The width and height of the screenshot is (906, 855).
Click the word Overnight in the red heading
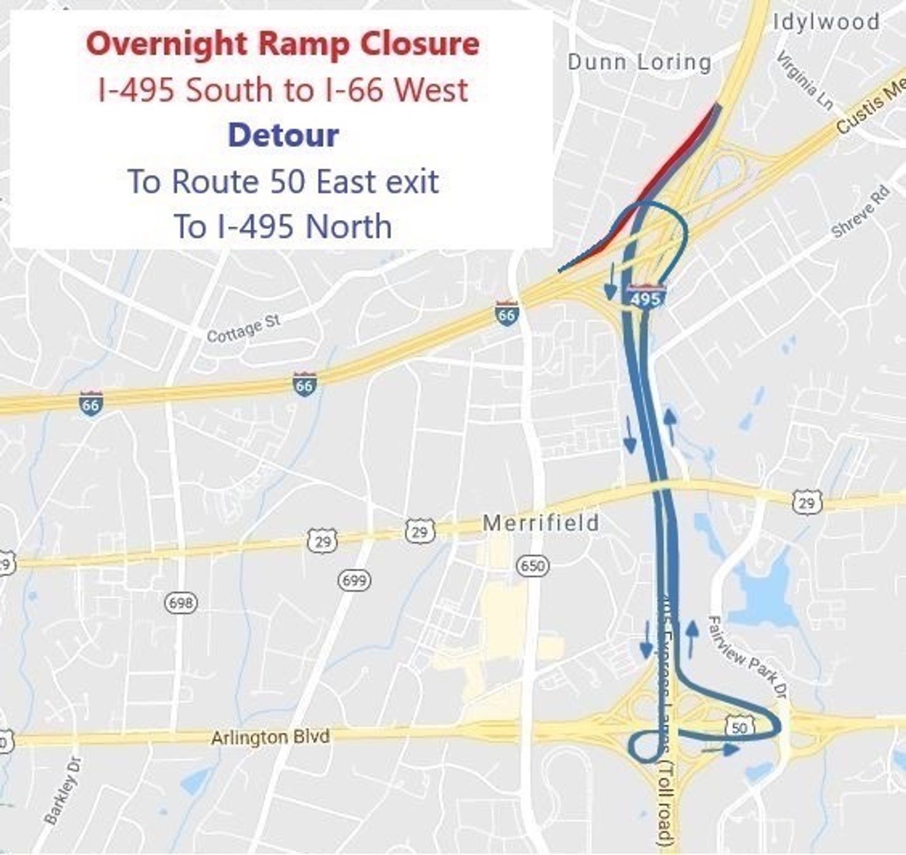pyautogui.click(x=166, y=44)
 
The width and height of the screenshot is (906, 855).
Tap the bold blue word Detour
pyautogui.click(x=283, y=135)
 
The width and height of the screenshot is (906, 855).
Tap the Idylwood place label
pyautogui.click(x=826, y=22)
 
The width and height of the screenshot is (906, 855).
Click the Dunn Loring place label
pyautogui.click(x=639, y=62)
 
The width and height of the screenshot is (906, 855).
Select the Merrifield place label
pyautogui.click(x=541, y=523)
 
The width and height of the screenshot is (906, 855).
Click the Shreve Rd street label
pyautogui.click(x=860, y=212)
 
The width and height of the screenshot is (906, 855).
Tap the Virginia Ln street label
pyautogui.click(x=805, y=81)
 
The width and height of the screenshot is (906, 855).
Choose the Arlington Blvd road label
pyautogui.click(x=270, y=737)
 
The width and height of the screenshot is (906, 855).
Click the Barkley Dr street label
pyautogui.click(x=63, y=790)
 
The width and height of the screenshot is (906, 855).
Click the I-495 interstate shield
pyautogui.click(x=646, y=297)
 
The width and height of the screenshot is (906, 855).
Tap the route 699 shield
pyautogui.click(x=354, y=580)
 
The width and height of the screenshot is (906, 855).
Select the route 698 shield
pyautogui.click(x=181, y=602)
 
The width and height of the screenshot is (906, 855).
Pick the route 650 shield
pyautogui.click(x=533, y=565)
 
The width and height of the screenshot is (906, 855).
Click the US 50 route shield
pyautogui.click(x=740, y=726)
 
